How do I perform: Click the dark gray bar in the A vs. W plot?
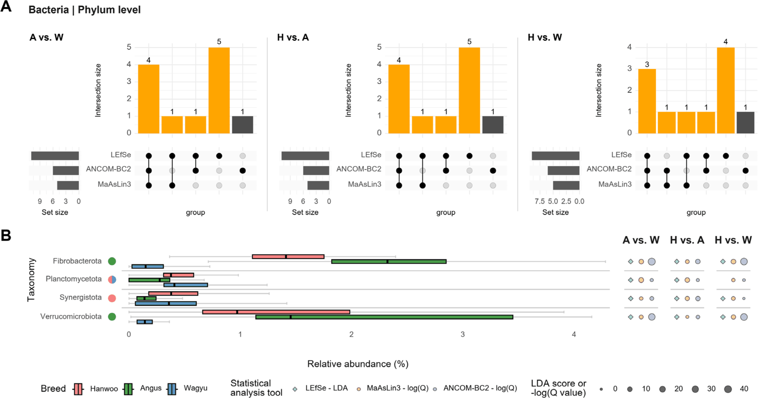242,125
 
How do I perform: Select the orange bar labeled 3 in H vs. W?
647,101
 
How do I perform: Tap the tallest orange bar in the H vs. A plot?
469,91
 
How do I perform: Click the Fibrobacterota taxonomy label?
77,261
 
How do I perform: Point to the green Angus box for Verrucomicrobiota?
384,317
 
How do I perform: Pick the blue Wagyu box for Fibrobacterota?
147,267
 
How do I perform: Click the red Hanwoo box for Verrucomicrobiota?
276,312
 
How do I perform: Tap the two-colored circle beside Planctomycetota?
112,279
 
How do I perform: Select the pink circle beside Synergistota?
112,298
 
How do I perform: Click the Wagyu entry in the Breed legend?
187,389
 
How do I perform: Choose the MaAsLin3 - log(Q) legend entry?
393,389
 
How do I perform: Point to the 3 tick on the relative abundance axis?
463,334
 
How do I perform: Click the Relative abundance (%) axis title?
358,364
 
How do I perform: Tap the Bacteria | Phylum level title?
84,10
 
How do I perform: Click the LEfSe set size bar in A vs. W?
55,156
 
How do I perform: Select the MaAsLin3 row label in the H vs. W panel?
615,184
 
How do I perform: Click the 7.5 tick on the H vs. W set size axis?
540,201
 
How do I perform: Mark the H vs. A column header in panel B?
687,240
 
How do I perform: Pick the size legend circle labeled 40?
728,389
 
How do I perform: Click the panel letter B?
6,235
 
